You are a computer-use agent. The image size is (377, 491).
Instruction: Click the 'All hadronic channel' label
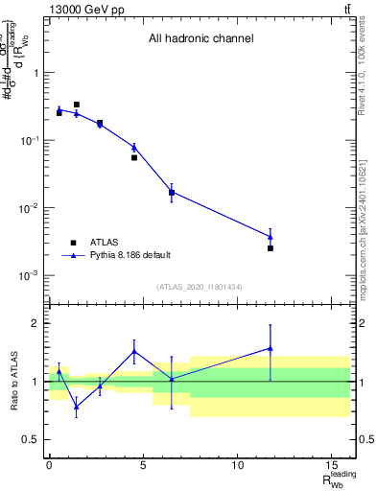(200, 39)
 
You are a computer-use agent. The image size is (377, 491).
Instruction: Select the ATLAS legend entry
(106, 243)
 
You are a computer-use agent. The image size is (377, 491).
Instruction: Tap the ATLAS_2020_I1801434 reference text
(199, 287)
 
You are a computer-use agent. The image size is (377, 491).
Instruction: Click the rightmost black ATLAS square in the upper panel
(271, 248)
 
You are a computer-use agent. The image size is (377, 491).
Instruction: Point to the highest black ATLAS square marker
(77, 105)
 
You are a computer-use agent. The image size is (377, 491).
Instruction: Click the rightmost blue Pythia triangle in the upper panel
(271, 237)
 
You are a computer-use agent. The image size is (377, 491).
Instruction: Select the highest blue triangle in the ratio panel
(271, 348)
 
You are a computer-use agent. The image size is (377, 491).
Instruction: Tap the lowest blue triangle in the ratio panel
(77, 406)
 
